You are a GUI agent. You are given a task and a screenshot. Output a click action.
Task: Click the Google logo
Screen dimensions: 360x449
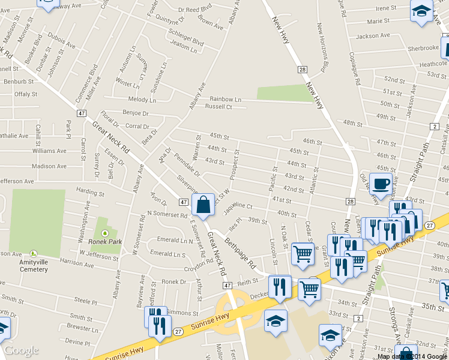click(21, 350)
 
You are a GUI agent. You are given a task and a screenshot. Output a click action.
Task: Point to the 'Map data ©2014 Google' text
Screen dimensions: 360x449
click(412, 356)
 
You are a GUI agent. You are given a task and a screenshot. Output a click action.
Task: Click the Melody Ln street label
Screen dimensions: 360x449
click(142, 100)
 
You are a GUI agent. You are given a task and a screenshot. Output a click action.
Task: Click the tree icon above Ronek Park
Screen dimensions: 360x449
click(105, 233)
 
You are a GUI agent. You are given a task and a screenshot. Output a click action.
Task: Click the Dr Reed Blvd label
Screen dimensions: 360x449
click(196, 10)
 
